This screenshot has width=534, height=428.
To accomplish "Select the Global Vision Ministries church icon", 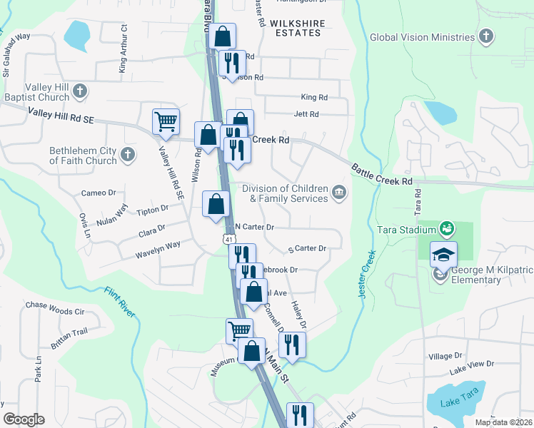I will point(486,37).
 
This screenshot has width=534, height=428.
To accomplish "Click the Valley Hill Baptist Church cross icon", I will point(81,91).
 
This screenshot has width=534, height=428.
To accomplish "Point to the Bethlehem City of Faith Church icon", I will point(128,155).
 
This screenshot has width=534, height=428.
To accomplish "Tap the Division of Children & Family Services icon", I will point(339,192).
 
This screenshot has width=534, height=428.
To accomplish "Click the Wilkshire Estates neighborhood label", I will point(297,29).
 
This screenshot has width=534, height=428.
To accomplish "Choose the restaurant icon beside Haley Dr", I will point(293,345).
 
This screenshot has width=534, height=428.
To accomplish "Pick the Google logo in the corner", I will point(24,419).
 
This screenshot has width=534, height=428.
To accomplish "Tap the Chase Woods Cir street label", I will point(55,308).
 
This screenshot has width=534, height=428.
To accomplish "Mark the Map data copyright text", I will point(503,422).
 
